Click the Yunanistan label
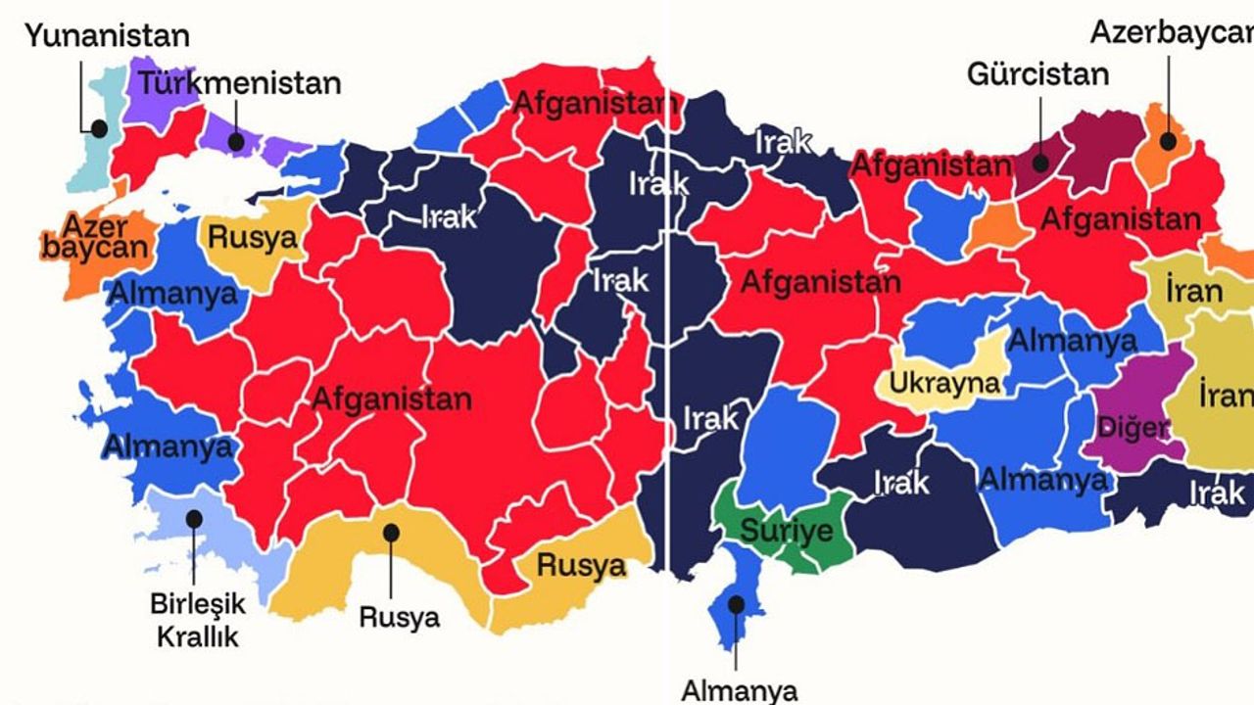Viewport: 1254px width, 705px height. coord(107,37)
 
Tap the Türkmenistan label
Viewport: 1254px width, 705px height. coord(239,82)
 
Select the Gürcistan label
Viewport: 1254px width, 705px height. coord(1037,73)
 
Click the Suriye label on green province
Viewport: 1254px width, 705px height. coord(786,532)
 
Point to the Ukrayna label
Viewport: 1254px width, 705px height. coord(945,381)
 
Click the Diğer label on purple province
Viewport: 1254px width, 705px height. coord(1134,428)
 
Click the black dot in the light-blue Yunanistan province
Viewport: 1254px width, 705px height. coord(99,127)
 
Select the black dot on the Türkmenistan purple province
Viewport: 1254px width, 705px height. coord(236,141)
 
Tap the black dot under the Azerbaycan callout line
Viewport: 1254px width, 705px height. coord(1168,140)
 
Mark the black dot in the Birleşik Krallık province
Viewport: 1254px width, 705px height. coord(195,517)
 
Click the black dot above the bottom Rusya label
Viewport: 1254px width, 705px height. coord(391,532)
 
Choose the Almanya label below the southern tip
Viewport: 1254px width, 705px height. coord(739,690)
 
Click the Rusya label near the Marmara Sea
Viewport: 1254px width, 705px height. coord(252,238)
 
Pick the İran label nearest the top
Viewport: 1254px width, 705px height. coord(1193,290)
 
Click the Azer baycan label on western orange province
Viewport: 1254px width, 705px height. coord(94,235)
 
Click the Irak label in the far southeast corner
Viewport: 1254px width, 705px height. coord(1216,493)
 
